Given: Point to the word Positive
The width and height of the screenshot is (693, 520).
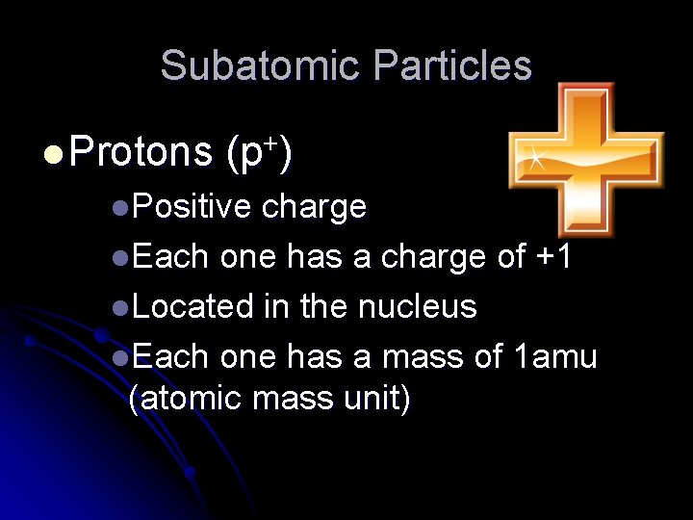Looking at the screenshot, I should tap(192, 206).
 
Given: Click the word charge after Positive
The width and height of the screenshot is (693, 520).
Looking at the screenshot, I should tap(314, 206).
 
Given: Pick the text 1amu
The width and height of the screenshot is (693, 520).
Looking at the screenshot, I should tap(556, 356).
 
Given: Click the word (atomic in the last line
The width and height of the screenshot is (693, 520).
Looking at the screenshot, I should tap(185, 398).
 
